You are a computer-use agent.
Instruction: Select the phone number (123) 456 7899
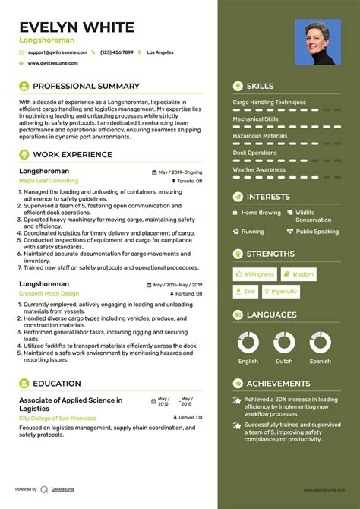[116, 52]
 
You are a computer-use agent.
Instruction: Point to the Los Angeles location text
[159, 52]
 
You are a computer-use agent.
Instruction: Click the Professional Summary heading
[86, 87]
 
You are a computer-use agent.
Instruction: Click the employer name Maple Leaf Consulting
[49, 182]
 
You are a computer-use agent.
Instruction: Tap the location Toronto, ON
[190, 182]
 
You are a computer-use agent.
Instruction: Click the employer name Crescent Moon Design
[49, 293]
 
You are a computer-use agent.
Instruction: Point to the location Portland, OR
[189, 293]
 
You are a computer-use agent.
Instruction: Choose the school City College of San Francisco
[58, 418]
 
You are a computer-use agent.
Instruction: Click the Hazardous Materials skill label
[260, 136]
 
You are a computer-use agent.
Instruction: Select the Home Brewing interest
[261, 213]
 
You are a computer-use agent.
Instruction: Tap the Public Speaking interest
[317, 232]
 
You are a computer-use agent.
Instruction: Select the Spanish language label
[320, 362]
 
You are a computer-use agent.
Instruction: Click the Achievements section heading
[278, 384]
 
